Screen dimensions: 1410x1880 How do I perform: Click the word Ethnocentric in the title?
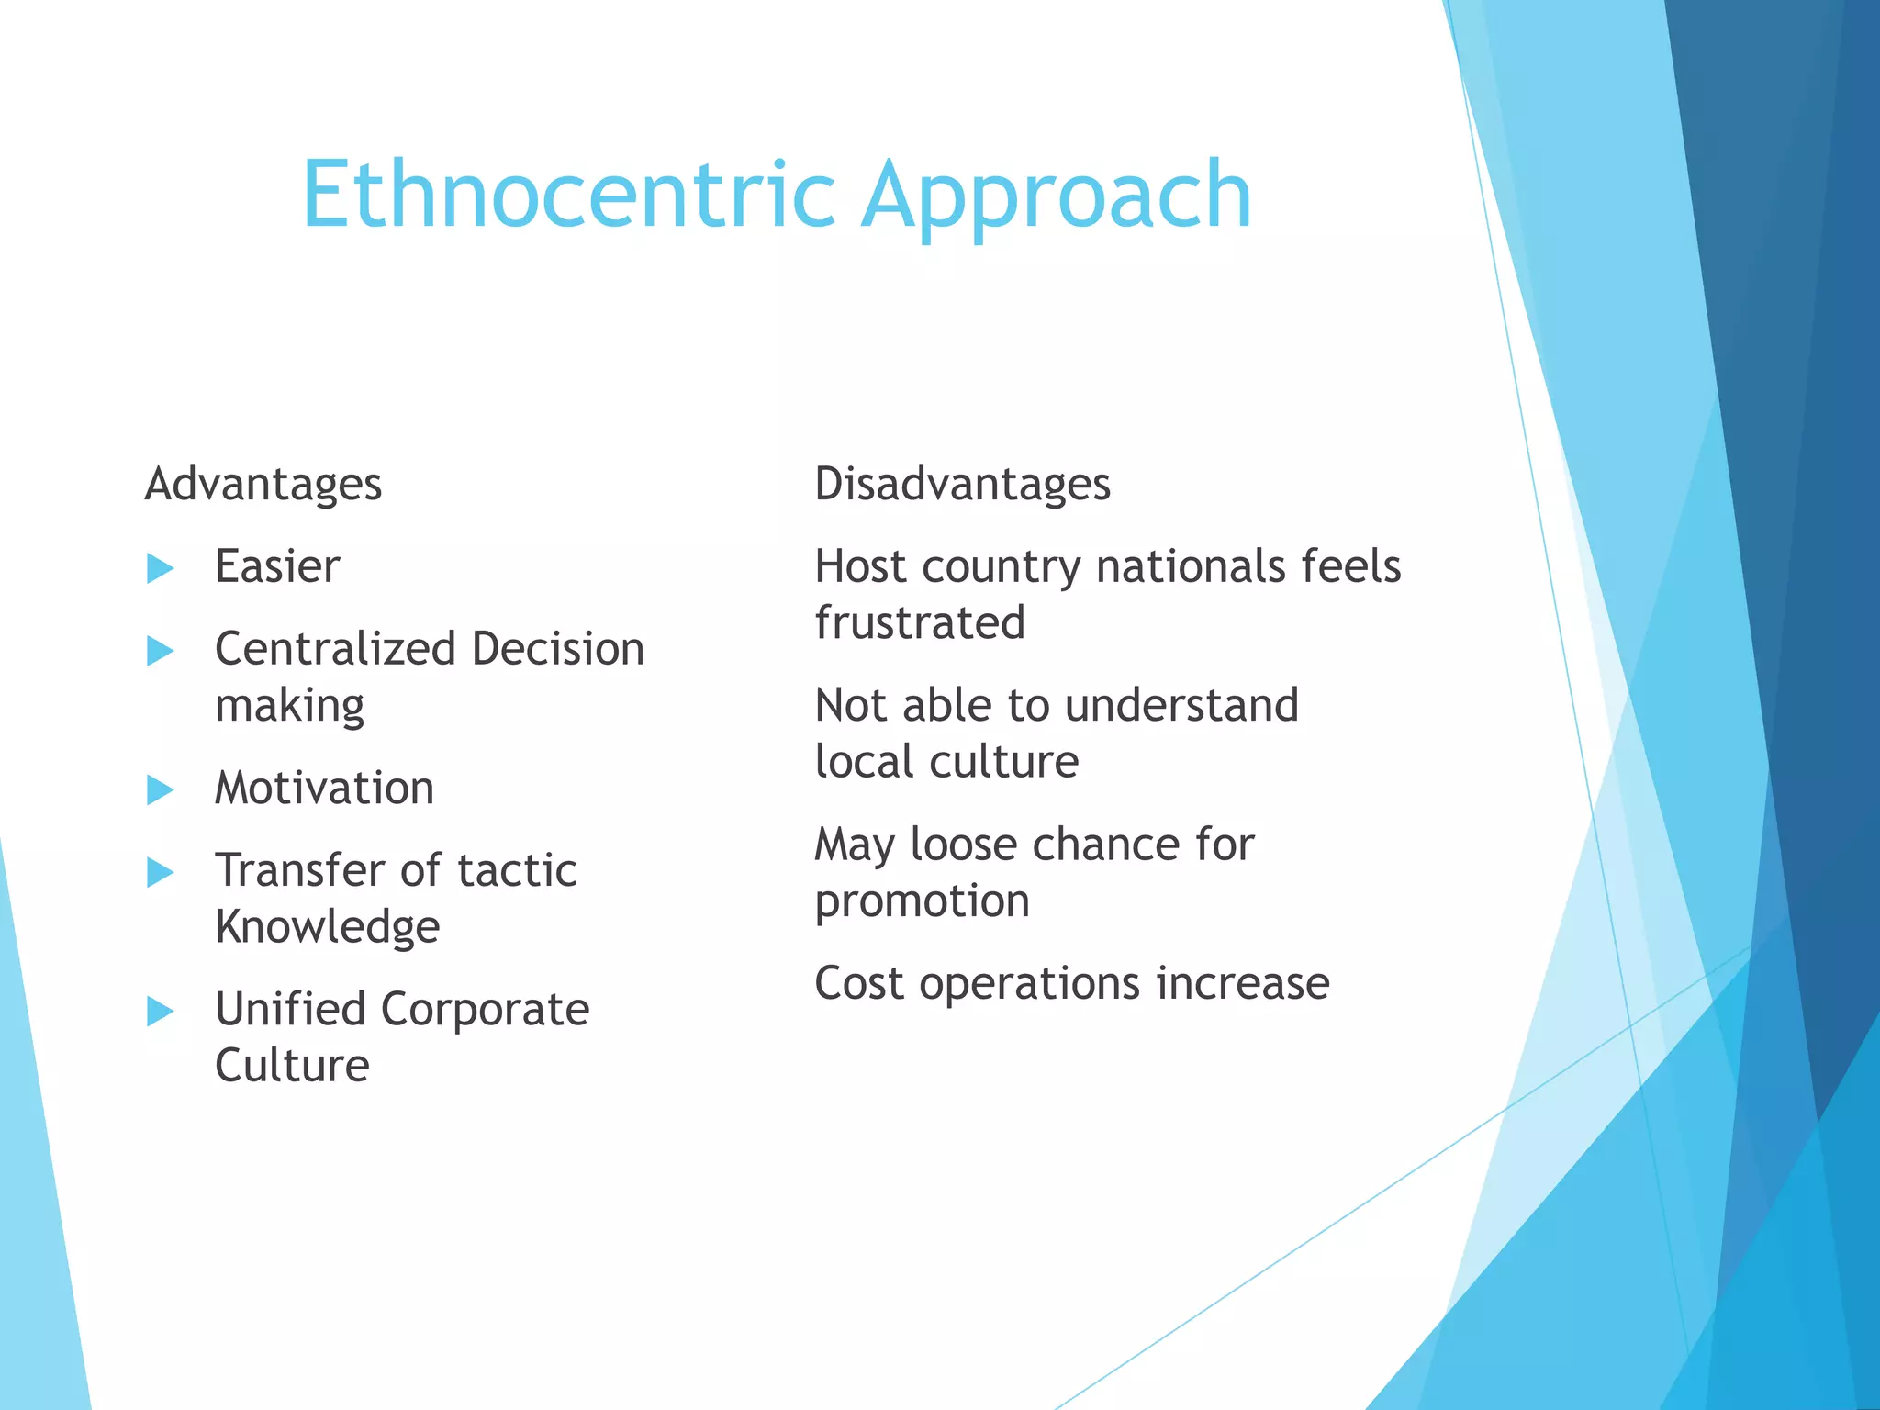tap(567, 195)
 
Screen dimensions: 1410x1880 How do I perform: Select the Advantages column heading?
tap(263, 484)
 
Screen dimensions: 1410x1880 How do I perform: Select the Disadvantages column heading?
tap(962, 484)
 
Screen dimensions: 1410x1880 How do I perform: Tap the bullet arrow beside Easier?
tap(160, 568)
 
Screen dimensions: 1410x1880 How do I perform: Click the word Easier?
tap(277, 566)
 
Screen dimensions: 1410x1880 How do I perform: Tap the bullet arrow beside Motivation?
tap(160, 789)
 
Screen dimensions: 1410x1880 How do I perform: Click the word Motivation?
tap(324, 788)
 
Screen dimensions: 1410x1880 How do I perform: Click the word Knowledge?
tap(327, 927)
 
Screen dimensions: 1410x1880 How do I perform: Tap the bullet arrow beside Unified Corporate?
tap(160, 1012)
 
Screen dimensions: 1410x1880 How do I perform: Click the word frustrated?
tap(920, 622)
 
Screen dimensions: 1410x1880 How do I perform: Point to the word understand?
tap(1181, 705)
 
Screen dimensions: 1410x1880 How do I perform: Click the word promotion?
tap(922, 901)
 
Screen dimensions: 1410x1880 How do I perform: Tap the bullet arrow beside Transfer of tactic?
tap(160, 872)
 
